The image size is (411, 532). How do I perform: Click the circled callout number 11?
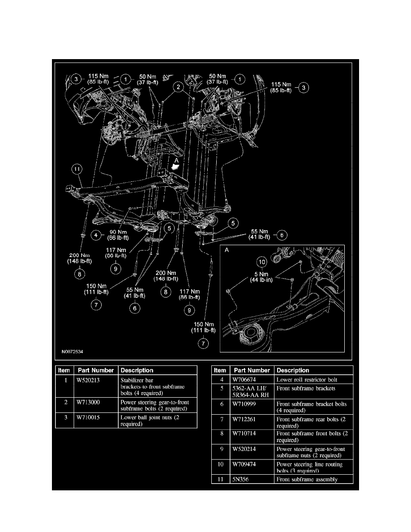(77, 169)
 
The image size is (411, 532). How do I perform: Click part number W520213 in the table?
(90, 380)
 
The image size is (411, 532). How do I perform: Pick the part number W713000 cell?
(90, 402)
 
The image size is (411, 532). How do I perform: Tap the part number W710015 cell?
(90, 417)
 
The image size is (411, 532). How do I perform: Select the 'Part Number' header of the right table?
(252, 370)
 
